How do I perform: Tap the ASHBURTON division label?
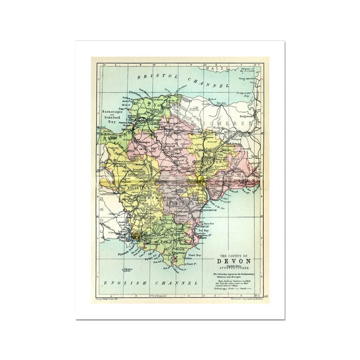(180, 204)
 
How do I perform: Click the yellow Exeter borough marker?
(200, 179)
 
